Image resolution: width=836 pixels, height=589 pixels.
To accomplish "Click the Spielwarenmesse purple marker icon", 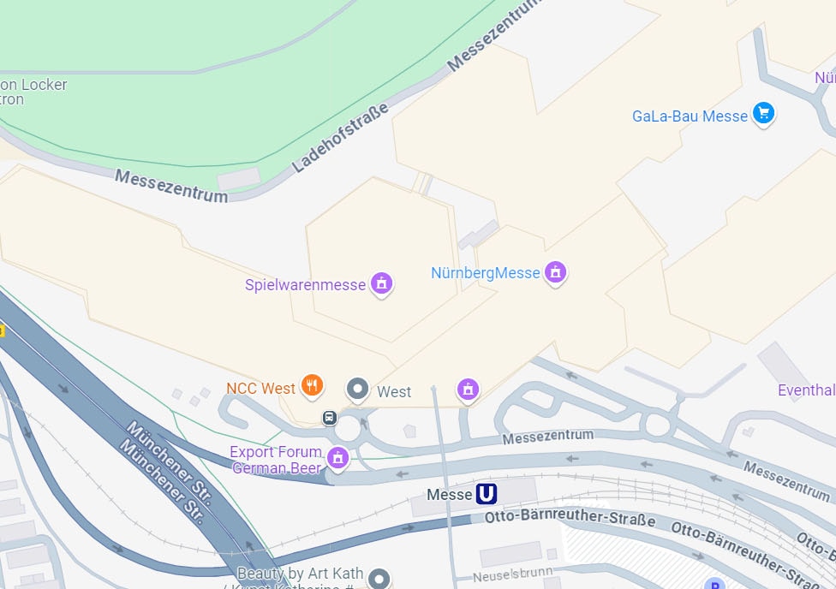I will pyautogui.click(x=381, y=283).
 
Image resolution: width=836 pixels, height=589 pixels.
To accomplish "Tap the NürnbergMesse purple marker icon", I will pyautogui.click(x=556, y=272).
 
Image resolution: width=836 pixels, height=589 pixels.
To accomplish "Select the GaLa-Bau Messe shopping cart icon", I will pyautogui.click(x=763, y=113).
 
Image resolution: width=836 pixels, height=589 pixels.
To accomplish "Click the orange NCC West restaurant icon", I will pyautogui.click(x=313, y=387).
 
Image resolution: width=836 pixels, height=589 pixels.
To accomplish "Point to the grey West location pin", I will pyautogui.click(x=357, y=390).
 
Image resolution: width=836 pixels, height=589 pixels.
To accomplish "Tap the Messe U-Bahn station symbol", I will pyautogui.click(x=487, y=494).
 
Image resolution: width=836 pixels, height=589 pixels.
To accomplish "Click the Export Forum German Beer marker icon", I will pyautogui.click(x=337, y=458).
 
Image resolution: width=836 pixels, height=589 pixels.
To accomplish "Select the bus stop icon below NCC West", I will pyautogui.click(x=328, y=418).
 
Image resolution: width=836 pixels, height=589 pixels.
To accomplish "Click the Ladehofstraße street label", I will pyautogui.click(x=340, y=137).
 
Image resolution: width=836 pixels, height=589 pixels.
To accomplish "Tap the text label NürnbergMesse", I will pyautogui.click(x=485, y=273).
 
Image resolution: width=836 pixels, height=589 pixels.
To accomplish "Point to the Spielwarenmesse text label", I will pyautogui.click(x=305, y=285).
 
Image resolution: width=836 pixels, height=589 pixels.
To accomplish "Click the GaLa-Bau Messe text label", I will pyautogui.click(x=690, y=116).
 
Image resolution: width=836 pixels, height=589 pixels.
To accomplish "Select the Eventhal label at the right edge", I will pyautogui.click(x=806, y=390).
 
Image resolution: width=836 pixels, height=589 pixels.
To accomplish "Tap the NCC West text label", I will pyautogui.click(x=260, y=389).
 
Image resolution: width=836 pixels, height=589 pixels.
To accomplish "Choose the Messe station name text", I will pyautogui.click(x=450, y=495).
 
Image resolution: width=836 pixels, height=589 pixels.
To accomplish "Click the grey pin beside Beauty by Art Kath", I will pyautogui.click(x=379, y=578).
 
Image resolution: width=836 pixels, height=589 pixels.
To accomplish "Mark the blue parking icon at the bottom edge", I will pyautogui.click(x=714, y=584).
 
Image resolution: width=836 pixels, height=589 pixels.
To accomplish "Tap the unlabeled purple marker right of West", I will pyautogui.click(x=468, y=389).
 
